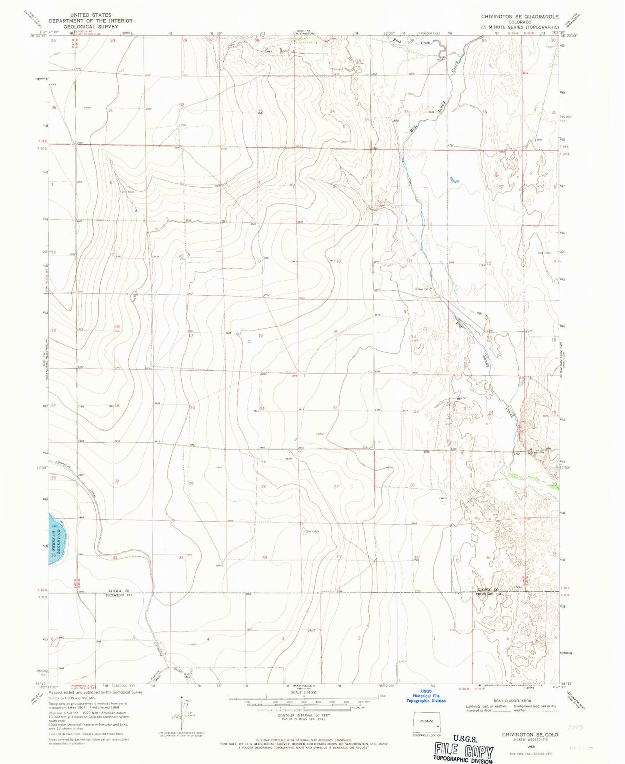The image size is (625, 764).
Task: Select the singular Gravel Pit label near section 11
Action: coord(422,289)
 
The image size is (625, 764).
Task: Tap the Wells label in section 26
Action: coord(444,498)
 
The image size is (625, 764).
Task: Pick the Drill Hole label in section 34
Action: coord(313,531)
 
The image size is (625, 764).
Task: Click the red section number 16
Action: coord(260,335)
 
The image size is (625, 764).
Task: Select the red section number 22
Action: coord(335,408)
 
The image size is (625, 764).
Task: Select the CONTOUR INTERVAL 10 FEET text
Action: coord(304,715)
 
